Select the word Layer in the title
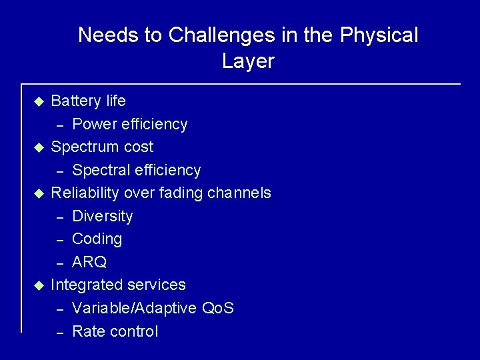pos(248,61)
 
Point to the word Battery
pos(76,101)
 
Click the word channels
pos(239,193)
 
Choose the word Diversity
pos(102,216)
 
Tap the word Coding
pos(97,239)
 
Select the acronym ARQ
pos(89,262)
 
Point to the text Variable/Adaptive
pos(133,309)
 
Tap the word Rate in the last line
pos(87,331)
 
